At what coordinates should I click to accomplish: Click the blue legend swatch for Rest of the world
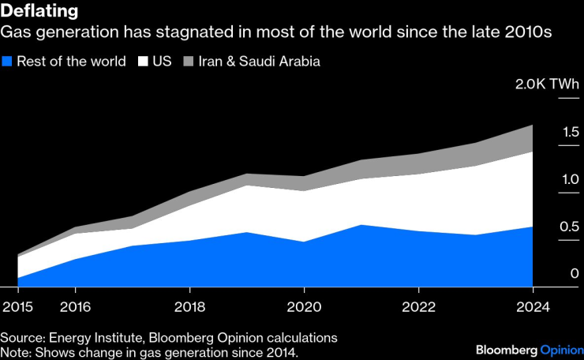7,62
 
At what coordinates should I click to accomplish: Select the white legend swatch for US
143,62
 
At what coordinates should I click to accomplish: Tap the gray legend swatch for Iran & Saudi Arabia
189,62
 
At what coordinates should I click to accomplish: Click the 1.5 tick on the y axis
571,132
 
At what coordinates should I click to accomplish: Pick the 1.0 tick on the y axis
571,179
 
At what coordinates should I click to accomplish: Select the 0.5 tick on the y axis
571,227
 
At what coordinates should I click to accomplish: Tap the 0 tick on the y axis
575,274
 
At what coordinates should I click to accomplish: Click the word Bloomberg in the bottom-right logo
506,349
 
